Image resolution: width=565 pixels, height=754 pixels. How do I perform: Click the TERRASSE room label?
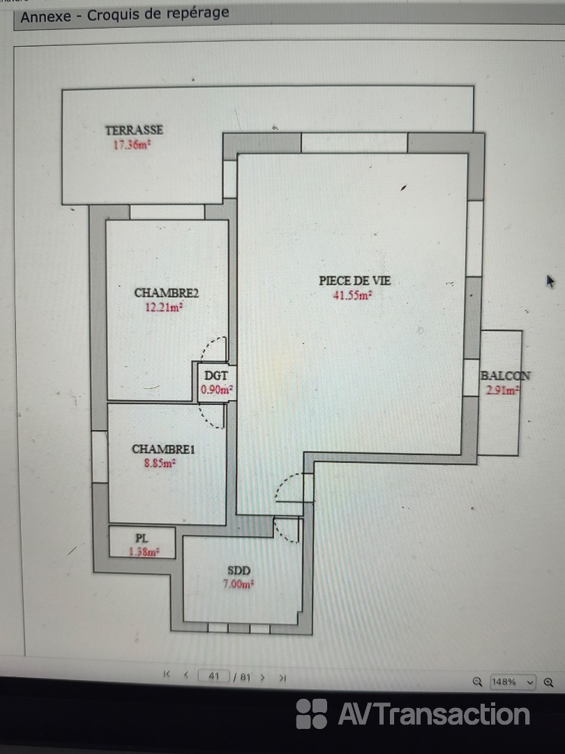(x=134, y=130)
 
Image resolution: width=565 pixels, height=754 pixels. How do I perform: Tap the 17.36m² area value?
(x=132, y=145)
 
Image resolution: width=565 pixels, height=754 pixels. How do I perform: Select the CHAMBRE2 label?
(x=166, y=293)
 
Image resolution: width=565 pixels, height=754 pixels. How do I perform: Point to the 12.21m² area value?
(x=165, y=307)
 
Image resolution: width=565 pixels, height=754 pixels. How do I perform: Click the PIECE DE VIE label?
(x=355, y=281)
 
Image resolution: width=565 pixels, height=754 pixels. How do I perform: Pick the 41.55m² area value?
(x=353, y=295)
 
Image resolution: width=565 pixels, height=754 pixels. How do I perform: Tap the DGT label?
(x=216, y=376)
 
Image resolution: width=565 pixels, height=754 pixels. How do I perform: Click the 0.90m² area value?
(x=217, y=390)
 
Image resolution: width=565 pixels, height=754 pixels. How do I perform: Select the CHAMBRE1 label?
(x=163, y=449)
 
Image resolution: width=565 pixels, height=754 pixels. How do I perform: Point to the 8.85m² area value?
(x=160, y=464)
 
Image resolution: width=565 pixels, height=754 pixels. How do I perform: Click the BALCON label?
(x=506, y=376)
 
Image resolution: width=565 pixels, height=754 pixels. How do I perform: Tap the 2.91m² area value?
(x=502, y=390)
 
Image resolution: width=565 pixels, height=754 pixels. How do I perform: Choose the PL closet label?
(x=141, y=538)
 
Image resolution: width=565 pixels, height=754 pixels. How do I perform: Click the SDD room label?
(x=239, y=571)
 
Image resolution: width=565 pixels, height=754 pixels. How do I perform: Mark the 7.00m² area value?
(x=239, y=585)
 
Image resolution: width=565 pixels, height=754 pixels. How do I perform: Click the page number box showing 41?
(x=214, y=676)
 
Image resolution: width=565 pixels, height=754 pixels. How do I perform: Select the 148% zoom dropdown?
(x=512, y=682)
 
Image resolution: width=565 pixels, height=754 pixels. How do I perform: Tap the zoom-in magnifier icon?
(x=549, y=682)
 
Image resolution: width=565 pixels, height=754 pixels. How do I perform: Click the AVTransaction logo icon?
(x=311, y=714)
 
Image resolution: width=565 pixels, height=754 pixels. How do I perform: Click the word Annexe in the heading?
(x=45, y=17)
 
